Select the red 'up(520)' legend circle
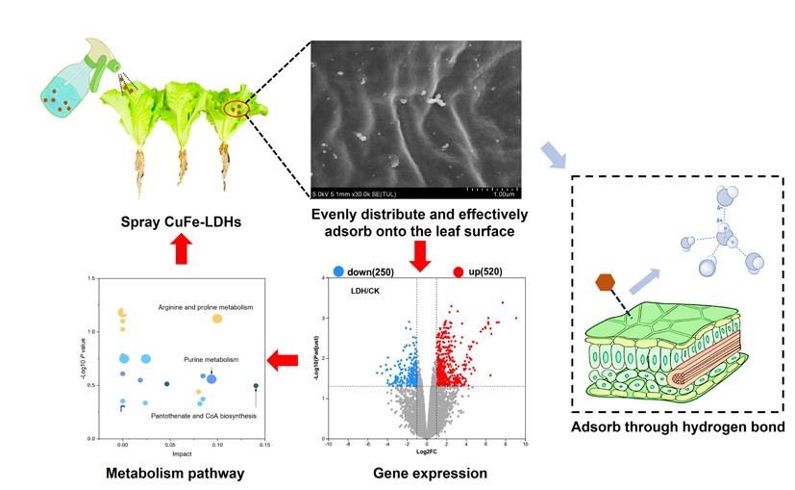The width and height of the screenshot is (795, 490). (x=459, y=271)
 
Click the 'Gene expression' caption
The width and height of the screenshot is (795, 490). (x=430, y=473)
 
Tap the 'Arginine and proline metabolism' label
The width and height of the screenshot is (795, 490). (x=206, y=308)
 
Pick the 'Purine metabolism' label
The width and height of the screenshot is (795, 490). (x=211, y=360)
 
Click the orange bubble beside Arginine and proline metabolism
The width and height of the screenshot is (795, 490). (x=217, y=319)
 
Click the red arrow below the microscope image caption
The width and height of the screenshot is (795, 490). (x=420, y=255)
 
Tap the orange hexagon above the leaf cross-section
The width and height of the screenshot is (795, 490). (x=605, y=282)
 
